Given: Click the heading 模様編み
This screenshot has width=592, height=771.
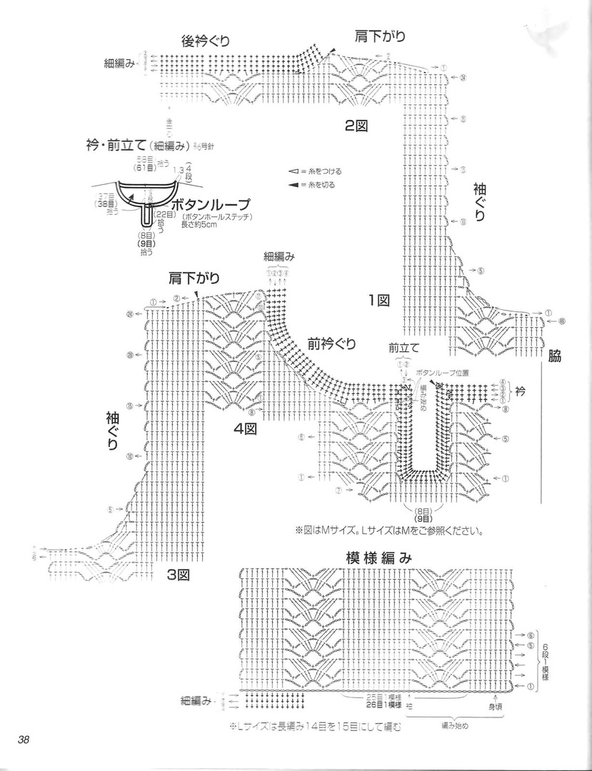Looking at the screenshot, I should point(378,558).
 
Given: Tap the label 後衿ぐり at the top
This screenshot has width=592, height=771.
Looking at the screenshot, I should point(206,41).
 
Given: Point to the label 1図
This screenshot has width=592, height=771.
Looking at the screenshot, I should point(378,300).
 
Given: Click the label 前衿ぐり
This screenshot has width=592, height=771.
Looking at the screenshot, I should point(331,343).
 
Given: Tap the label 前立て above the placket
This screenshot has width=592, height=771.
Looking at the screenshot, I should point(404,348).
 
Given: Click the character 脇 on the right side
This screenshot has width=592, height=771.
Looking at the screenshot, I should point(554,357).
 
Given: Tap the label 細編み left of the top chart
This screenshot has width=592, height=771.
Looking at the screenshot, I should point(119,63).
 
